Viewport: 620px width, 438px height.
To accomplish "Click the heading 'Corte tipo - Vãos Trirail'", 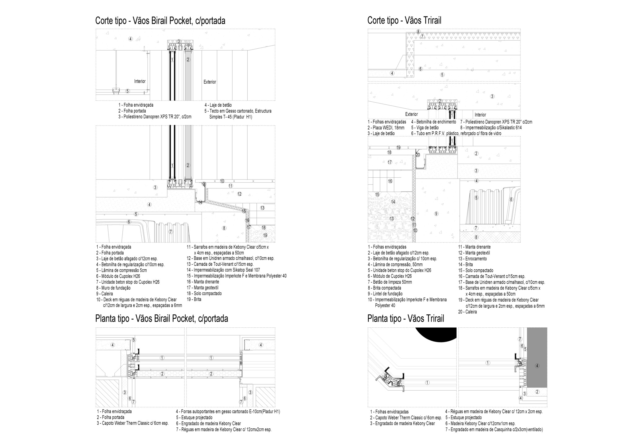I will pyautogui.click(x=404, y=20).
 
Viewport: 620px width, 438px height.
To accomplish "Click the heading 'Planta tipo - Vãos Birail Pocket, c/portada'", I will pyautogui.click(x=162, y=318).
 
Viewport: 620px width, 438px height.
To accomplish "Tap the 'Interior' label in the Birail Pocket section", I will pyautogui.click(x=139, y=81).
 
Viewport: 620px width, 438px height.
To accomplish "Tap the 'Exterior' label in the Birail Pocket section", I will pyautogui.click(x=210, y=82).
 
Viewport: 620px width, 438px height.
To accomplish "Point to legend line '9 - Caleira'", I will pyautogui.click(x=104, y=294).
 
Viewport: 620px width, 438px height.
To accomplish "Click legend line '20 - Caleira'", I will pyautogui.click(x=467, y=312).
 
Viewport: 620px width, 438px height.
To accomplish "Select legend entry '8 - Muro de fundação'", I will pyautogui.click(x=113, y=288).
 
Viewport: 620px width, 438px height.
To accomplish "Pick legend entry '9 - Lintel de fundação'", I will pyautogui.click(x=385, y=294).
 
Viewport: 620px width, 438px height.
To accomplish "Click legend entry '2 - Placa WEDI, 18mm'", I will pyautogui.click(x=386, y=128).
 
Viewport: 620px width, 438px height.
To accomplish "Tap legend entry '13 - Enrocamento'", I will pyautogui.click(x=472, y=259).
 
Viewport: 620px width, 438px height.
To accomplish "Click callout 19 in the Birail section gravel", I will pyautogui.click(x=265, y=235).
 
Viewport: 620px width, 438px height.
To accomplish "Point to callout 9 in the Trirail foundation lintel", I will pyautogui.click(x=436, y=214).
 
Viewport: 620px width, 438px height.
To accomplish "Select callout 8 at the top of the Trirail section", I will pyautogui.click(x=418, y=32).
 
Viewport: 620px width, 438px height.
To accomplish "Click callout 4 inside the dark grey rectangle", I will pyautogui.click(x=537, y=366).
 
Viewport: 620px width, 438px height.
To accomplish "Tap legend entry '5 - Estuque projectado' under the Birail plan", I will pyautogui.click(x=194, y=418).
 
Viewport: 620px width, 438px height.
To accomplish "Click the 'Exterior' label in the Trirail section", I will pyautogui.click(x=411, y=114).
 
